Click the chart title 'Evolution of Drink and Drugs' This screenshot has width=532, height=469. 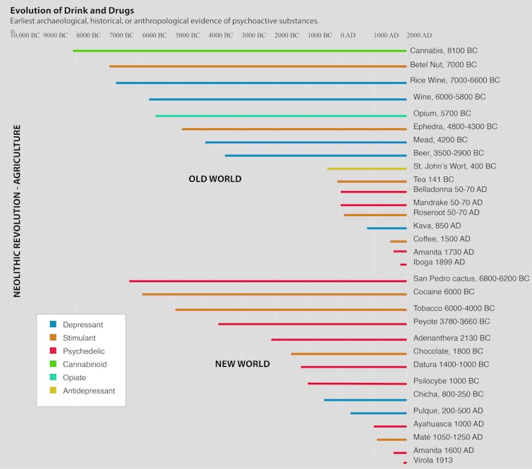[x=72, y=10]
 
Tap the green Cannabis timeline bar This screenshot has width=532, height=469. [x=240, y=51]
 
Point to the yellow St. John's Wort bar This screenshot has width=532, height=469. [x=367, y=169]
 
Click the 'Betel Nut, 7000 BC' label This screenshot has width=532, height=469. [x=451, y=65]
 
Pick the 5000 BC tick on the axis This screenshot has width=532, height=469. [x=188, y=35]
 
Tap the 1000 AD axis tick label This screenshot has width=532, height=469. [x=386, y=35]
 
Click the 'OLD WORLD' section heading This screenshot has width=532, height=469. [x=214, y=179]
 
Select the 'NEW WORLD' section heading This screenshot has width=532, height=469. [x=242, y=364]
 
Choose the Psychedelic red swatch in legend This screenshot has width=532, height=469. [x=53, y=351]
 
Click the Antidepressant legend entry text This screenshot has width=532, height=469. [x=89, y=391]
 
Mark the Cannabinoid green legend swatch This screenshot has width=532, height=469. [x=53, y=364]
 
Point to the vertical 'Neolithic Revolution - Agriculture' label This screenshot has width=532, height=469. [x=17, y=212]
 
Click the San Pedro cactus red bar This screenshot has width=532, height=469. [x=268, y=281]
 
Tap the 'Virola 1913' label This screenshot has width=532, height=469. [x=433, y=461]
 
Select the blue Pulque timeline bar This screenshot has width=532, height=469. [x=378, y=413]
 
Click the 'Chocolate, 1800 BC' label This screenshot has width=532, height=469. [x=448, y=351]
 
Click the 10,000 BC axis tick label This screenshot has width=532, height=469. [x=25, y=35]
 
